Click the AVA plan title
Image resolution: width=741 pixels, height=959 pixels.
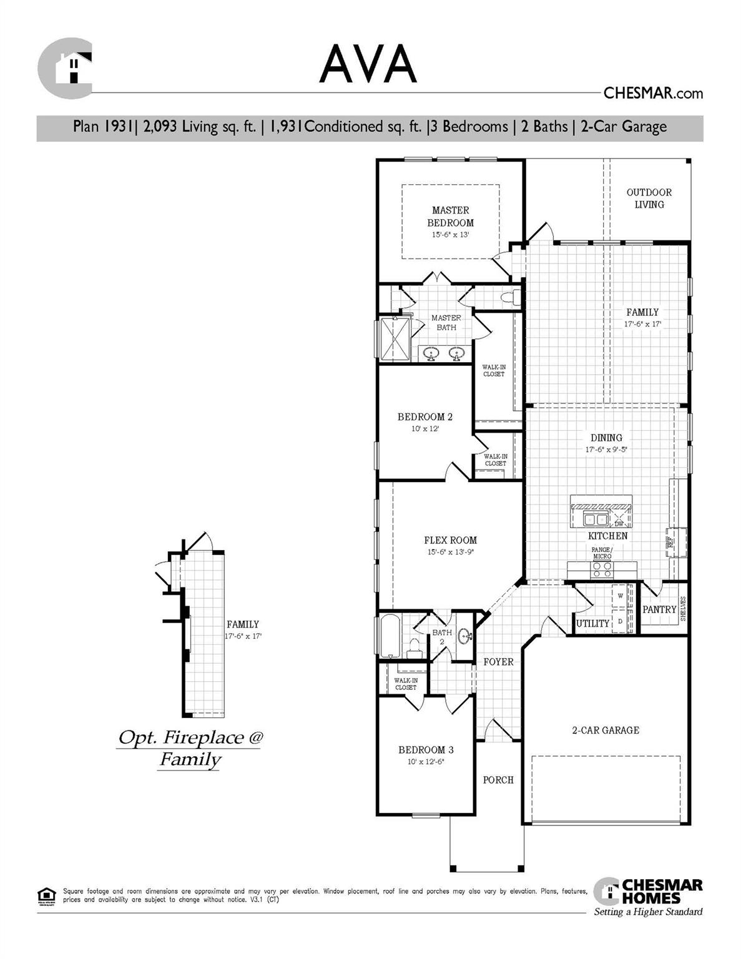tap(368, 63)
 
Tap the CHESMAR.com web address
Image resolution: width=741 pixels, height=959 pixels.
tap(653, 94)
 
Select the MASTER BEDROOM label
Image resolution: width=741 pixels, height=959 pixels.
tap(450, 217)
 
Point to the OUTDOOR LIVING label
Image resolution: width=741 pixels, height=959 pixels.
tap(649, 199)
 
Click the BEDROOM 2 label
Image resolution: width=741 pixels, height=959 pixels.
tap(425, 417)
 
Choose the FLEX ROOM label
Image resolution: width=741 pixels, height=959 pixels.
tap(450, 541)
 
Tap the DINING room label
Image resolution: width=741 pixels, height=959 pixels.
tap(606, 438)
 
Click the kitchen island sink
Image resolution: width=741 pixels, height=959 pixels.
tap(594, 519)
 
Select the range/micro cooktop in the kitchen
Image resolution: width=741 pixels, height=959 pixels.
tap(602, 569)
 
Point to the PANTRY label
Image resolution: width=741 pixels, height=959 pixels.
tap(659, 609)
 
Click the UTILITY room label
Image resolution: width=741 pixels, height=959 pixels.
tap(592, 623)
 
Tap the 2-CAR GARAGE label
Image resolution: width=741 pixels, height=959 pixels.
tap(606, 730)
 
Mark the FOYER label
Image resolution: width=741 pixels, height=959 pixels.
tap(498, 662)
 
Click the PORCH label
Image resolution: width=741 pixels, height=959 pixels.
tap(498, 780)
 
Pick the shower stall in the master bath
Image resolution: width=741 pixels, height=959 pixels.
tap(394, 339)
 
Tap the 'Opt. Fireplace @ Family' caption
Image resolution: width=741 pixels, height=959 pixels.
tap(190, 748)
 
